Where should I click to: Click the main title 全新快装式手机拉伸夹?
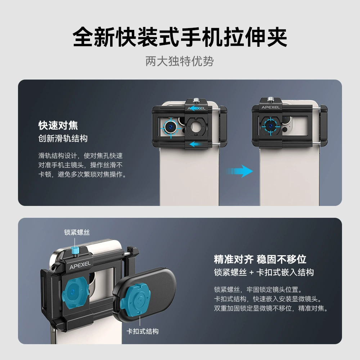[180, 37]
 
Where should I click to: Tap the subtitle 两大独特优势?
[180, 61]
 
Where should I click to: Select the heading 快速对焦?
[58, 125]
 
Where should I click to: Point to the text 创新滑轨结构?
[63, 139]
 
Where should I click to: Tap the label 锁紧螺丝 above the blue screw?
[77, 232]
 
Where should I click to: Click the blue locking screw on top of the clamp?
[75, 251]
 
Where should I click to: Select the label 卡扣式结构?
[143, 331]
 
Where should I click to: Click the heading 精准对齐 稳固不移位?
[260, 259]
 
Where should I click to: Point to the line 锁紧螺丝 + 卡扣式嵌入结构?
[264, 272]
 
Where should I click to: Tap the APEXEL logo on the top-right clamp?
[270, 107]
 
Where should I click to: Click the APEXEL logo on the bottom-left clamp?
[80, 265]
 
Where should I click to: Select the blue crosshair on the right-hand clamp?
[271, 126]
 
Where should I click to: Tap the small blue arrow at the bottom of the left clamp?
[195, 144]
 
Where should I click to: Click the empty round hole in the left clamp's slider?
[195, 126]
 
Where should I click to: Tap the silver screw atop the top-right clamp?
[271, 99]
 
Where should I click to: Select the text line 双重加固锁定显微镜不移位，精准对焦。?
[271, 308]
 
